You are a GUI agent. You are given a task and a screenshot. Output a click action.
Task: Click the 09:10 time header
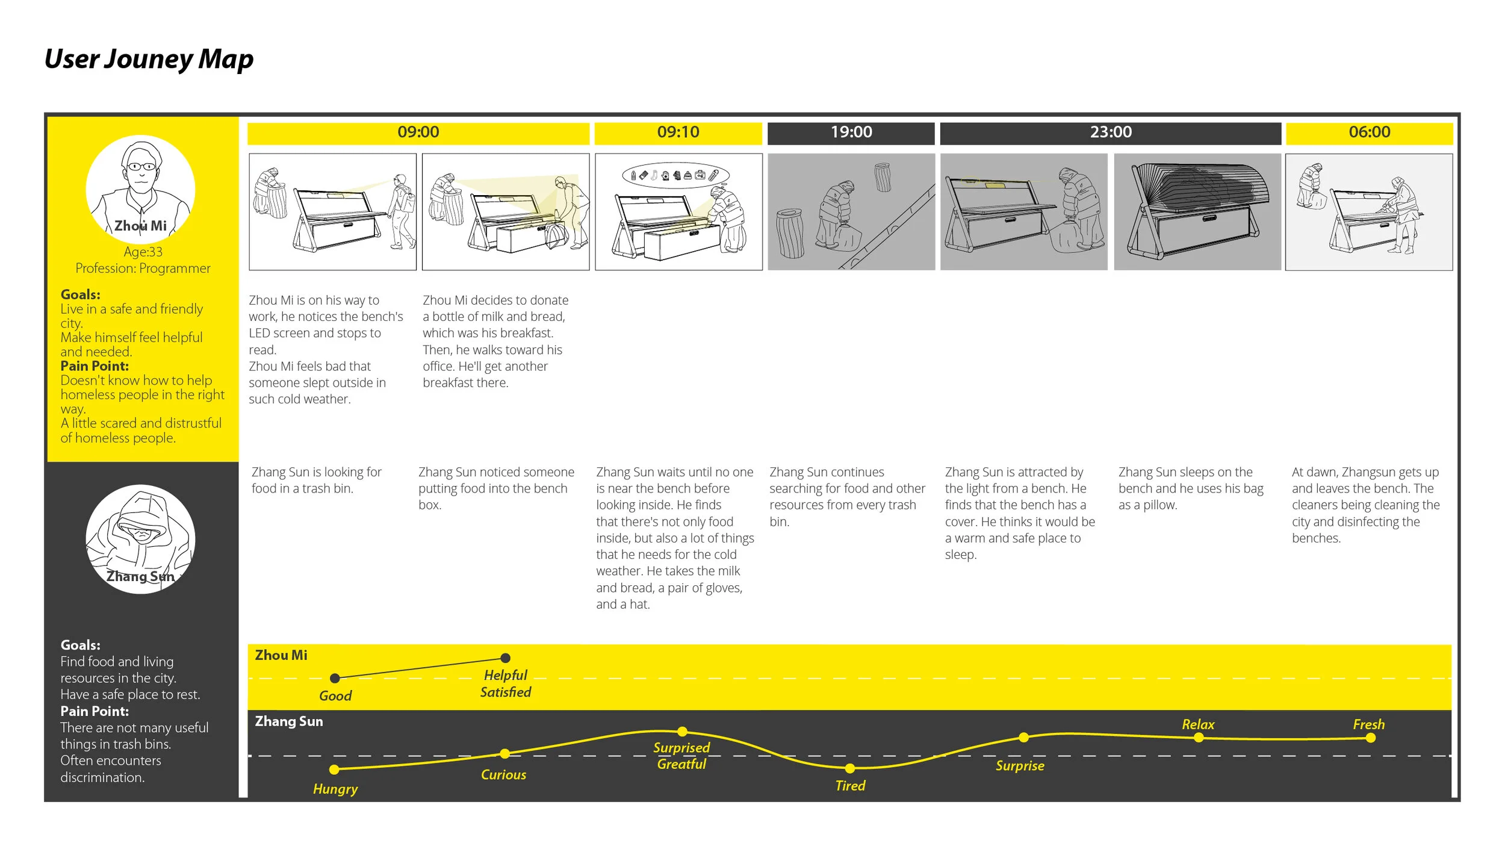[678, 132]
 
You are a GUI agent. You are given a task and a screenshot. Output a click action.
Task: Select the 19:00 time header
[851, 132]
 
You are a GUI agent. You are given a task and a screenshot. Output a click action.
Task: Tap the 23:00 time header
[1111, 132]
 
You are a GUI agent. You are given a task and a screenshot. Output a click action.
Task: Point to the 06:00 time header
[1370, 132]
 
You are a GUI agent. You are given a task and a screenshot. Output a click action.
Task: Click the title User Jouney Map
[149, 59]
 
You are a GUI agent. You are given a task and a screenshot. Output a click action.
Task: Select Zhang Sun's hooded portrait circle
[140, 539]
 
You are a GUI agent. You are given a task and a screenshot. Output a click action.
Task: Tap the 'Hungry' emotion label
[335, 789]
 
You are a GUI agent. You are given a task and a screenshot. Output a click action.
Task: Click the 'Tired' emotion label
[850, 786]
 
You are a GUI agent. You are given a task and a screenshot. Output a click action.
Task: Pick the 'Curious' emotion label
[503, 775]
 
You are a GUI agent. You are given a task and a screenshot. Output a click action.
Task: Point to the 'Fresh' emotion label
[1369, 724]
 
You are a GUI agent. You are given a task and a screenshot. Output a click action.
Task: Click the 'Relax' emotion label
[1198, 724]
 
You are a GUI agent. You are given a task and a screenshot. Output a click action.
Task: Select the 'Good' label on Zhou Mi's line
[335, 696]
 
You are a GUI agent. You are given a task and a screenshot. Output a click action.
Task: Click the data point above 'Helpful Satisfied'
[506, 658]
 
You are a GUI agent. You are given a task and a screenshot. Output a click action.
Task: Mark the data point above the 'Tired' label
[850, 768]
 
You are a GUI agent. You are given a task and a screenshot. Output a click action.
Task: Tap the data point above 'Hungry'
[335, 770]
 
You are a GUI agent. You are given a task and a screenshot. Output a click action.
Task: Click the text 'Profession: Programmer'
[143, 269]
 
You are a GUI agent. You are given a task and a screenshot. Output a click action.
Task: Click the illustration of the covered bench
[1197, 212]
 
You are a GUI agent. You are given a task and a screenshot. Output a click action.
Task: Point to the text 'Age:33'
[143, 252]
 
